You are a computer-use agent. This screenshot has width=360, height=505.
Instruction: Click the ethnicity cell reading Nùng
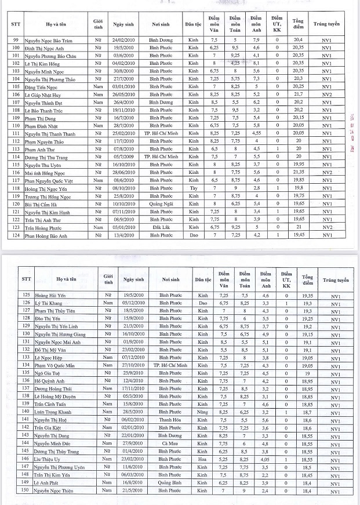point(202,412)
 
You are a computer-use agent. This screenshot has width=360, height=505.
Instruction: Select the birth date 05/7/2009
point(125,157)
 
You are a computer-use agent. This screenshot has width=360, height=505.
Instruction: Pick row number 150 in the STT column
point(25,491)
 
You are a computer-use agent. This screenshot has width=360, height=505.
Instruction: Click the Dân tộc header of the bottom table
point(202,279)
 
